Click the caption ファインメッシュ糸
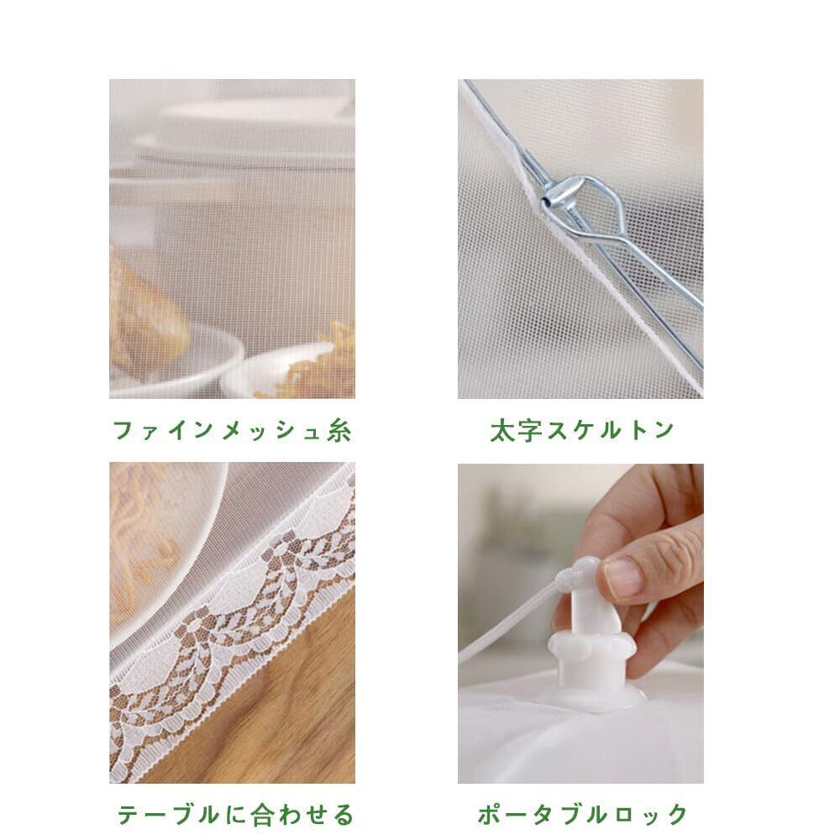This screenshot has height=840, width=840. (x=233, y=430)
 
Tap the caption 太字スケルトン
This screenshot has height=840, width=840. (x=582, y=430)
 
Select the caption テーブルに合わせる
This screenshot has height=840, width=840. (x=236, y=814)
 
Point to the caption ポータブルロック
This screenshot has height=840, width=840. (x=582, y=814)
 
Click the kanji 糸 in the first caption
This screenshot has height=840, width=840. (x=339, y=430)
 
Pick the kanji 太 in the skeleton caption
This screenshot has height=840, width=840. (x=502, y=430)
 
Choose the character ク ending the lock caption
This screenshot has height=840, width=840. (x=675, y=814)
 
